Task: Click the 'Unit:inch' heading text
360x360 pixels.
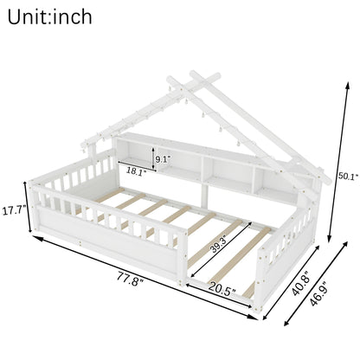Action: pos(49,17)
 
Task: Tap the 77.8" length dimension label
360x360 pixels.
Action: pos(131,279)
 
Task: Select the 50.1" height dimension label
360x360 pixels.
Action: pos(349,176)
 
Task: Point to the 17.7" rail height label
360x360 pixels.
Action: pos(14,210)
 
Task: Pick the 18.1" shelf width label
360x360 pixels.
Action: pos(136,170)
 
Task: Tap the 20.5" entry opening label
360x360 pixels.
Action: pos(222,288)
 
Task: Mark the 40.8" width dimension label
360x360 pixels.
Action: pos(302,284)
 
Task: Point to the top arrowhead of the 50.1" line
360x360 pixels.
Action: pos(347,86)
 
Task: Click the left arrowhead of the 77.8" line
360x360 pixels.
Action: pos(37,238)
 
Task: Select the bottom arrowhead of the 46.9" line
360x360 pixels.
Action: pos(286,323)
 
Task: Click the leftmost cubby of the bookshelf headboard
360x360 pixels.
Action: pos(135,152)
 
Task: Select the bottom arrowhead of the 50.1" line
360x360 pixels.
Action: pos(329,239)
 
